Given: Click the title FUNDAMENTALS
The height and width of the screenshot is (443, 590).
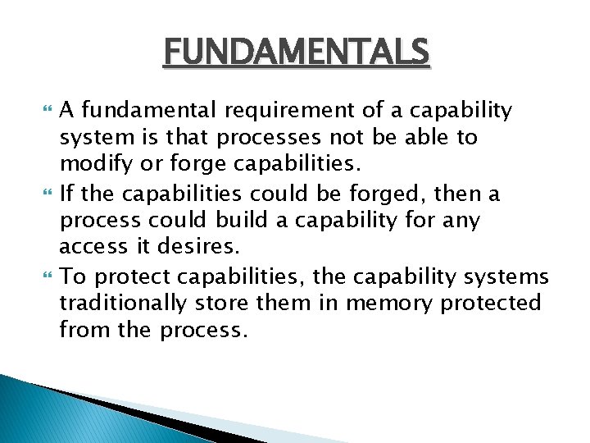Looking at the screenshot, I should [296, 53].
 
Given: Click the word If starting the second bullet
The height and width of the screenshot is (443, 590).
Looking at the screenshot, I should [69, 194].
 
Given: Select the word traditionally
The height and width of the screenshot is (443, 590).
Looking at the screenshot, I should [123, 304].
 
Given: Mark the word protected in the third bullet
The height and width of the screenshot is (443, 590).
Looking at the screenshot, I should [492, 304].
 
